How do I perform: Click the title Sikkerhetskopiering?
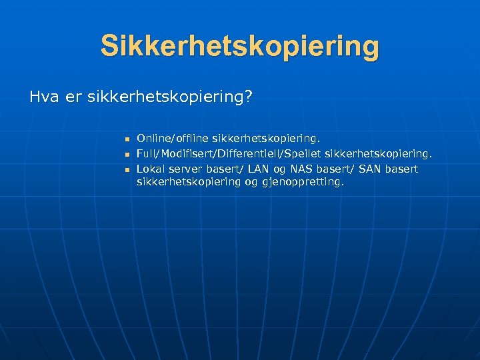pyautogui.click(x=240, y=47)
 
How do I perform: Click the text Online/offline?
pyautogui.click(x=173, y=139)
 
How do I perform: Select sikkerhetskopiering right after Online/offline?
pyautogui.click(x=266, y=139)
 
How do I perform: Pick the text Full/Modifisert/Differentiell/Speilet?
pyautogui.click(x=229, y=154)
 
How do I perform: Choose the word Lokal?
pyautogui.click(x=151, y=169)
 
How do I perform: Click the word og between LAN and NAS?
pyautogui.click(x=277, y=169)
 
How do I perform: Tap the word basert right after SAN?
pyautogui.click(x=402, y=169)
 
